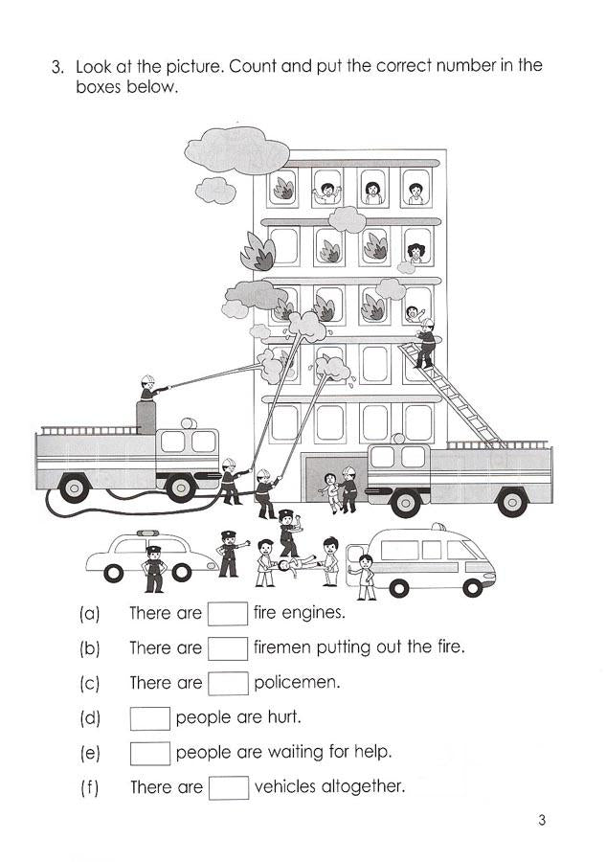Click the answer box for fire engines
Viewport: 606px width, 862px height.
[228, 612]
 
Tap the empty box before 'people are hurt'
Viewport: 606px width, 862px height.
[150, 717]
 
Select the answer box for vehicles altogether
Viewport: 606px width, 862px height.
[228, 787]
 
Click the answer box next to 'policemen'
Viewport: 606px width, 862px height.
[228, 683]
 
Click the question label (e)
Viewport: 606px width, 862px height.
[89, 753]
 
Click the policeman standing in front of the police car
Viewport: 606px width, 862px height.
[153, 568]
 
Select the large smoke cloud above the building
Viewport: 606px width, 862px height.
[236, 150]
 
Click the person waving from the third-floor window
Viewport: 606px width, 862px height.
[413, 312]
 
